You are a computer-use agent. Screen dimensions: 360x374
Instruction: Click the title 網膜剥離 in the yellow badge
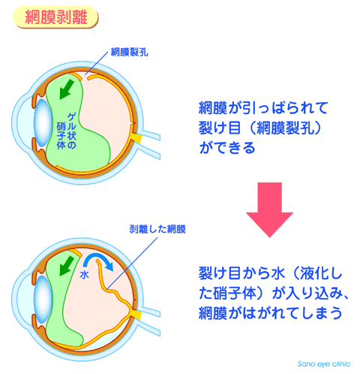tap(56, 17)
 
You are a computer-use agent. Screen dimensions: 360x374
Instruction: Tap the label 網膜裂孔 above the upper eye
tap(129, 53)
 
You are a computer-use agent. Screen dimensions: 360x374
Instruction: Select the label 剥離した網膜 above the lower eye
tap(157, 229)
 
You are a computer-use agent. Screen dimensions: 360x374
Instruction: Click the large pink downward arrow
tap(269, 210)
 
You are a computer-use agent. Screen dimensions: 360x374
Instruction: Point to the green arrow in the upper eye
tap(67, 89)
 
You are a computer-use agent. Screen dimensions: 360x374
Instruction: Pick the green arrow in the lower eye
tap(67, 266)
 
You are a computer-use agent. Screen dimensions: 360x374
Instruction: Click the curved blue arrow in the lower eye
tap(98, 262)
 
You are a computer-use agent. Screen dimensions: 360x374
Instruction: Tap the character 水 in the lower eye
tap(84, 275)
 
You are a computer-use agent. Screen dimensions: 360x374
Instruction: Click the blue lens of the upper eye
tap(43, 123)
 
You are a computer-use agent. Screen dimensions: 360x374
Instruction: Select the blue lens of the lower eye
tap(43, 300)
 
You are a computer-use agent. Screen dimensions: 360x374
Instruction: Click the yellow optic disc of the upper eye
tap(137, 138)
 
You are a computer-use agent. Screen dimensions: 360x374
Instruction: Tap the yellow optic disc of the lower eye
tap(137, 315)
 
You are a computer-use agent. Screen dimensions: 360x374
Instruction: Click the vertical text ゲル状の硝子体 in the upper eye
tap(67, 131)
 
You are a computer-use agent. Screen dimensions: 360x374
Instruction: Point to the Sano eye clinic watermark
tap(324, 363)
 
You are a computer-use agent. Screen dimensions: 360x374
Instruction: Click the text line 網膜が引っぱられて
tap(263, 108)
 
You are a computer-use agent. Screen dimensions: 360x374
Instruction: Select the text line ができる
tap(227, 147)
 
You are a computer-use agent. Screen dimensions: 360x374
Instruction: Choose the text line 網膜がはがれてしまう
tap(270, 312)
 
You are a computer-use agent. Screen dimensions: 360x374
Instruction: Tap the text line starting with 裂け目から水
tap(270, 273)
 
